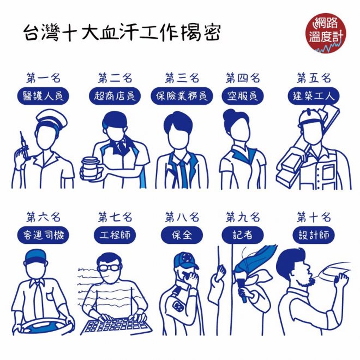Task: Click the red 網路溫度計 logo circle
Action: [326, 33]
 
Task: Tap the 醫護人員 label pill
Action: [43, 96]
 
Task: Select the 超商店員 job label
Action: [115, 96]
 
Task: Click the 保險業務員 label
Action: [182, 96]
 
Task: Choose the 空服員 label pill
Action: [243, 96]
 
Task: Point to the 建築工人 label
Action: [314, 96]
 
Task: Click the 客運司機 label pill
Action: [43, 235]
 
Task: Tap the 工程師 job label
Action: [115, 235]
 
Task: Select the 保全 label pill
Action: [182, 235]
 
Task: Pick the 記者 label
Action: [243, 235]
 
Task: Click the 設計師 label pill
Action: [314, 235]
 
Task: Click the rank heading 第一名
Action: [44, 78]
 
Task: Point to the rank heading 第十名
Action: [314, 217]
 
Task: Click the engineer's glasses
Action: [109, 268]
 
